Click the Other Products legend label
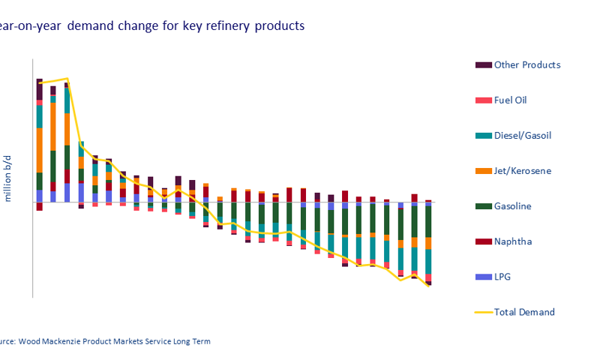tap(526, 64)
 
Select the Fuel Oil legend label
tap(515, 100)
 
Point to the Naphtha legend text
tap(512, 241)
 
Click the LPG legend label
tap(503, 277)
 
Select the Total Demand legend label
tap(523, 312)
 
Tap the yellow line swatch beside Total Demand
tap(483, 312)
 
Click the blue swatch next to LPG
tap(483, 277)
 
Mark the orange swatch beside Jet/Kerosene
tap(483, 171)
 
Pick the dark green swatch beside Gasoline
tap(483, 206)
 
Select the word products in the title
tap(279, 25)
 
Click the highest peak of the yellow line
tap(67, 78)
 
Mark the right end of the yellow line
tap(429, 286)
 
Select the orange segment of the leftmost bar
tap(39, 150)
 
